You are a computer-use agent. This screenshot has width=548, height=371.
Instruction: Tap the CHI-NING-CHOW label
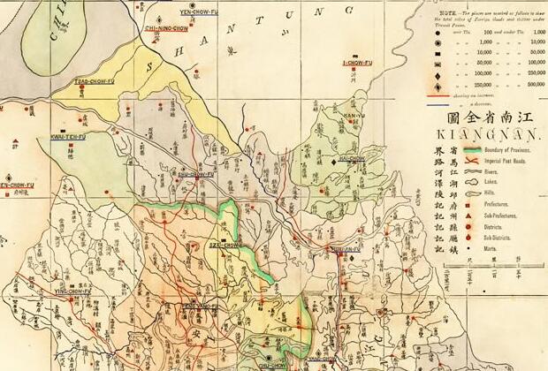tap(166, 27)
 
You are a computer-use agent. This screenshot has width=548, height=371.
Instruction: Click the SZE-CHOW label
tap(225, 245)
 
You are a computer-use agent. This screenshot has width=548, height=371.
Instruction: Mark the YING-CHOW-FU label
tap(74, 290)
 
